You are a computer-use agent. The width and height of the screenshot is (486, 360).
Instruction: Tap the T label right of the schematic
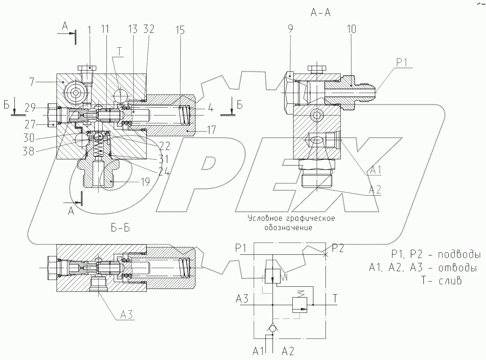click(335, 299)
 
